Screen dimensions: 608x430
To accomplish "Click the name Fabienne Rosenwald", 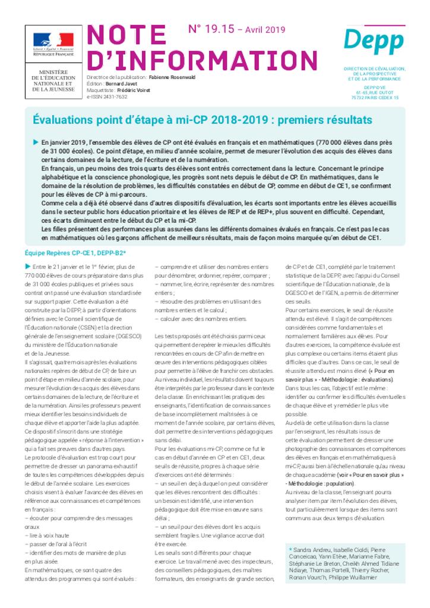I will pyautogui.click(x=172, y=78).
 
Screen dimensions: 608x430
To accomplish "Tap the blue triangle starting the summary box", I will pyautogui.click(x=36, y=142).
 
